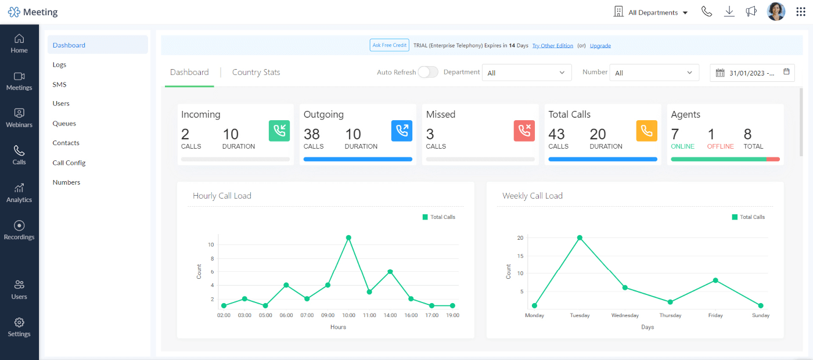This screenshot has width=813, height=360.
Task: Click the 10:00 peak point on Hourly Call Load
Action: point(348,237)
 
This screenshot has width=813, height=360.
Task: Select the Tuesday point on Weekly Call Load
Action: point(580,237)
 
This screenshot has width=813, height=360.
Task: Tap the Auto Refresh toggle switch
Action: point(428,72)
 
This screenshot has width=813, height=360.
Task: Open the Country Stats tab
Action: point(256,72)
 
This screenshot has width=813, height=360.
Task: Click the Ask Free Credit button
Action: point(390,45)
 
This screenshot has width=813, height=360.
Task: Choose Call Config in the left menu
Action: point(69,163)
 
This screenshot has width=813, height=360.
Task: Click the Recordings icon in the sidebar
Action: point(19,226)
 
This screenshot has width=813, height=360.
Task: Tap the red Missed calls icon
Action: point(524,131)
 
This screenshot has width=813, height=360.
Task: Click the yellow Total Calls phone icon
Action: point(647,131)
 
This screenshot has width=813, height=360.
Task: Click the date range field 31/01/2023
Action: point(752,73)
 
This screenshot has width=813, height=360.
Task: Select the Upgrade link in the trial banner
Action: point(600,46)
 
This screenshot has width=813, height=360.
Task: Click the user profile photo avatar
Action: point(776,12)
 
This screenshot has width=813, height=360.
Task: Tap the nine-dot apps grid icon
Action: point(801,12)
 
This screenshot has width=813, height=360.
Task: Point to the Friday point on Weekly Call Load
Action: point(715,280)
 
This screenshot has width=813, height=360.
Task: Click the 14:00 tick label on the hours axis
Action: point(390,315)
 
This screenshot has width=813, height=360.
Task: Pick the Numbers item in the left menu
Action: point(66,182)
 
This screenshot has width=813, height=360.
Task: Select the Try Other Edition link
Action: point(552,46)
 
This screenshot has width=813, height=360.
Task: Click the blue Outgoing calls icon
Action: point(402,131)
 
